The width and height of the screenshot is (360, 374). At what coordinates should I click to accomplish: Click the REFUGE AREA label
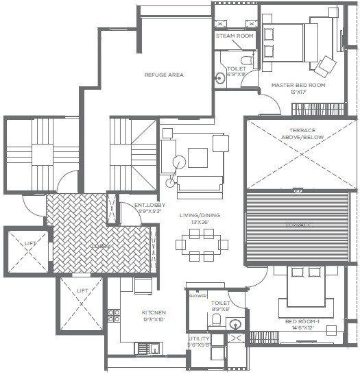point(163,75)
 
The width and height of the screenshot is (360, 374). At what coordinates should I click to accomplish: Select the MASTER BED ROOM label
point(297,85)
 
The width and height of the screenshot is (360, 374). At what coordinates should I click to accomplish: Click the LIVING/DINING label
point(200,216)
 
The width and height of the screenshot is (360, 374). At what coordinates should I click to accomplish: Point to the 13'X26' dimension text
point(200,223)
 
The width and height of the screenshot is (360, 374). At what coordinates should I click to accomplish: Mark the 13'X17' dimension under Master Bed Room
point(297,92)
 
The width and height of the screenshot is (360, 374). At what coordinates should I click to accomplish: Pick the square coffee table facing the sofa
point(198,158)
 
